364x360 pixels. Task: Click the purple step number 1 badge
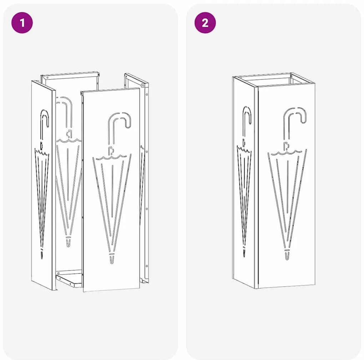(x=22, y=23)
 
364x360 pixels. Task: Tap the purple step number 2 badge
(x=205, y=23)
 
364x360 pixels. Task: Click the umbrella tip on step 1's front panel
(x=112, y=259)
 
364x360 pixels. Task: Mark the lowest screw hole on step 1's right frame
(x=146, y=266)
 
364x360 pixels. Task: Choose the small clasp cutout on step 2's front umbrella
(x=287, y=146)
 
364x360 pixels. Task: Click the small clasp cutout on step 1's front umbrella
(x=111, y=151)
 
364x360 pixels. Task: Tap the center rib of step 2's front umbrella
(x=288, y=186)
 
